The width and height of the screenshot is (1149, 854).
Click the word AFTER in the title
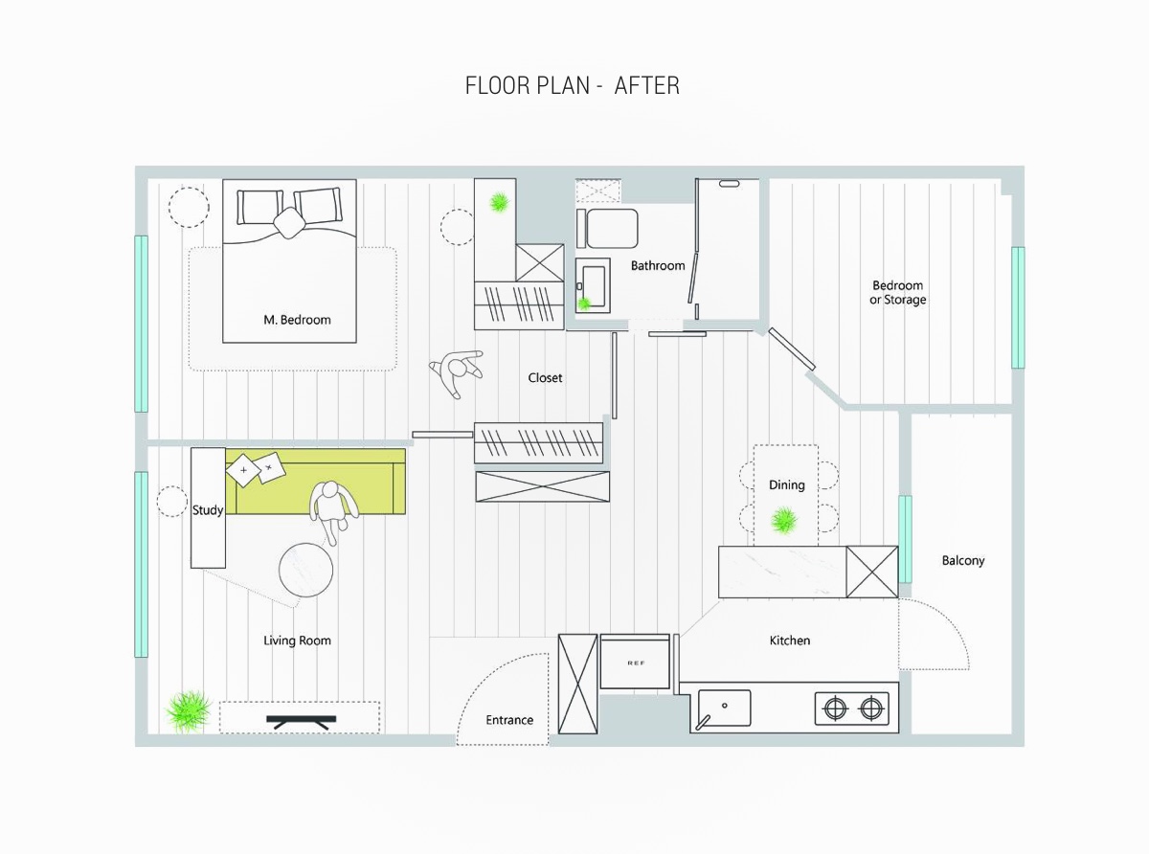point(646,85)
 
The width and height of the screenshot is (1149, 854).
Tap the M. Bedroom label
point(297,320)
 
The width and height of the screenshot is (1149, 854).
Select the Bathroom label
point(658,266)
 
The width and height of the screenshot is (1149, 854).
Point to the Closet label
point(545,378)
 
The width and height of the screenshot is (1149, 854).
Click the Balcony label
point(963,561)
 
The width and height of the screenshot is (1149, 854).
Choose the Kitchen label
point(790,640)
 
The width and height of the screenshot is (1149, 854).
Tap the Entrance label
point(509,720)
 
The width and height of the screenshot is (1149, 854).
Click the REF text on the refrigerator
point(636,663)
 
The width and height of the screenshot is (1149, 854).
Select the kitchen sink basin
point(724,708)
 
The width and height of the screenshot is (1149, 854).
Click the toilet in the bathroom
point(607,229)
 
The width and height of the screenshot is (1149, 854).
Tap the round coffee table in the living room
point(305,570)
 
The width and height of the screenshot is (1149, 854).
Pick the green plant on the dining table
point(784,520)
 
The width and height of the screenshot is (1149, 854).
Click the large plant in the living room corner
point(189,711)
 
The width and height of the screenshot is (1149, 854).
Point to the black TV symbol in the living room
point(301,722)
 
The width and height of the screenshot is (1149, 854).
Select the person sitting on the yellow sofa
point(332,511)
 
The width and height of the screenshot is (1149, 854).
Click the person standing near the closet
point(457,371)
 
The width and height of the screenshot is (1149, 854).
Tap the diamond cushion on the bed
point(289,223)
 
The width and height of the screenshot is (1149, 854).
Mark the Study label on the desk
point(208,510)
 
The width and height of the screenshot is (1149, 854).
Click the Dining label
point(786,485)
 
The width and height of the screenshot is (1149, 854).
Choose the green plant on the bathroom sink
point(584,303)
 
